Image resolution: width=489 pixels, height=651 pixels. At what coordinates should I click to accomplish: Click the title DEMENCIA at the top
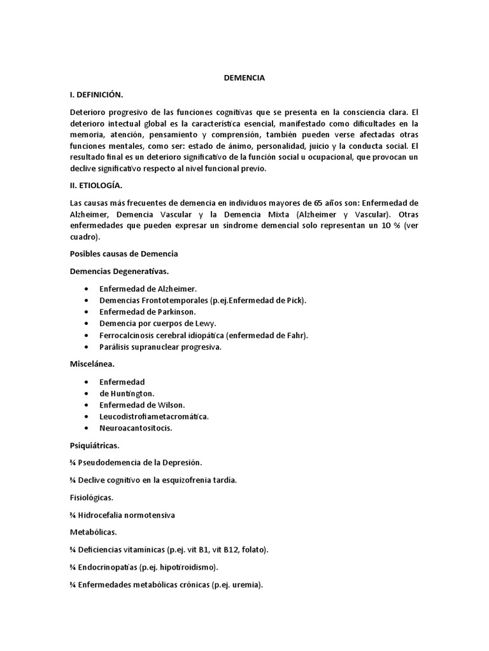tap(244, 78)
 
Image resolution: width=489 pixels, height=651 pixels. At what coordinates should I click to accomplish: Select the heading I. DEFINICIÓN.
tap(96, 94)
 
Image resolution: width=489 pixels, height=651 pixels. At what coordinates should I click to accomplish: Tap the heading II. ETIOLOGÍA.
tap(96, 186)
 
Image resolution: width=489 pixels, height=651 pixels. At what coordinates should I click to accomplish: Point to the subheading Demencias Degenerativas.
tap(119, 271)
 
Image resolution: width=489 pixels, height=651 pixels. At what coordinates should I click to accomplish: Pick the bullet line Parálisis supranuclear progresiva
tap(160, 347)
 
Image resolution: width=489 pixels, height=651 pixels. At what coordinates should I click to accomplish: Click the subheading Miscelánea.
tap(92, 365)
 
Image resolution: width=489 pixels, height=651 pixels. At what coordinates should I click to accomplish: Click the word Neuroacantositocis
tap(136, 428)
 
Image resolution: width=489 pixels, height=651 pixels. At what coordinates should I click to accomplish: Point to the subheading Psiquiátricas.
tap(94, 446)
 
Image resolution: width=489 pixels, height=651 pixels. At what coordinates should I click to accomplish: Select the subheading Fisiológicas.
tap(92, 497)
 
